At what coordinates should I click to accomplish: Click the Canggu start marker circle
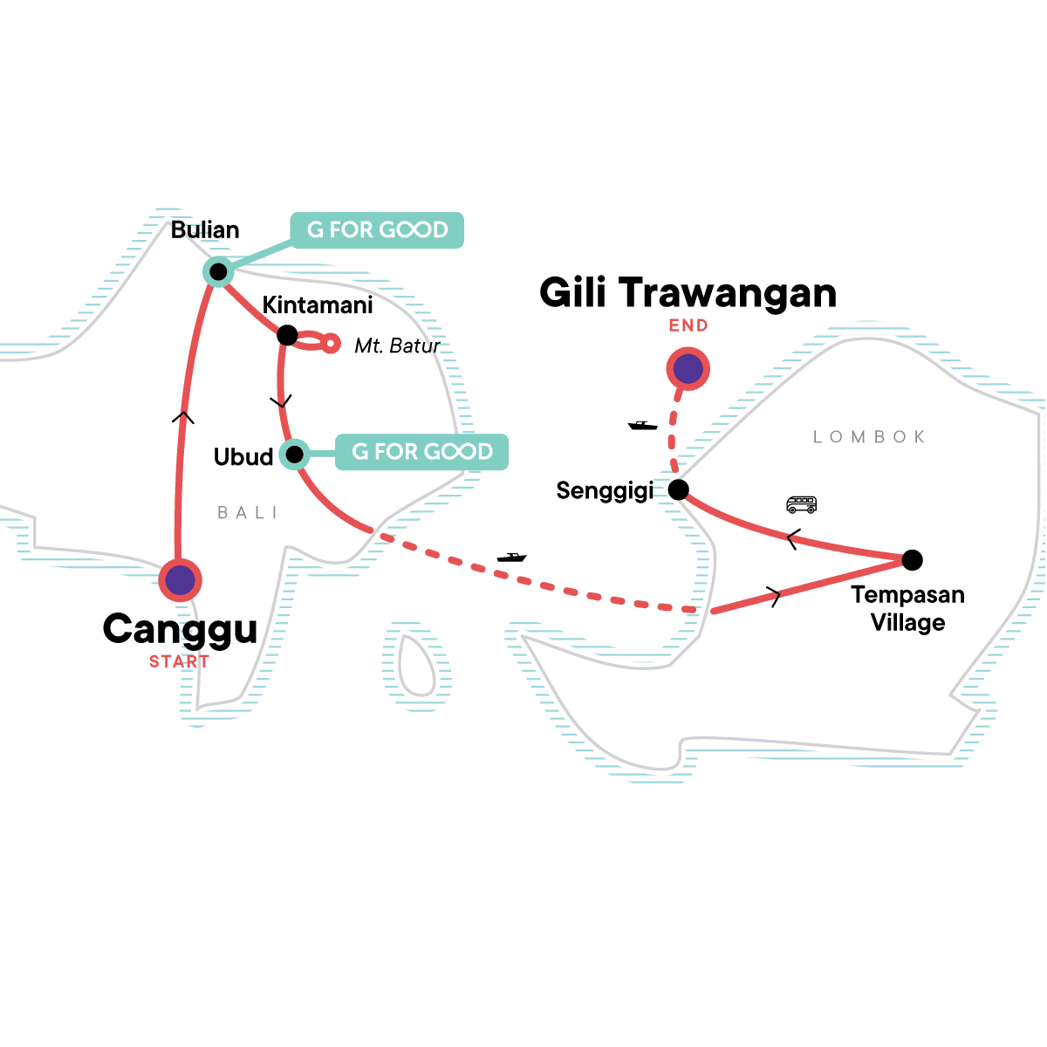(x=180, y=580)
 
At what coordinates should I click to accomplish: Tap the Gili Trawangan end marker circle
(x=688, y=369)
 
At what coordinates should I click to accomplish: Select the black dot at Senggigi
(x=678, y=489)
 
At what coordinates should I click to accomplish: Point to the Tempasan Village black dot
(x=911, y=559)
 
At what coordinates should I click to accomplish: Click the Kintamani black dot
(x=287, y=335)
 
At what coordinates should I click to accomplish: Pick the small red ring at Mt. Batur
(x=330, y=344)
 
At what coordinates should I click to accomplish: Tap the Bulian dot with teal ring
(x=218, y=272)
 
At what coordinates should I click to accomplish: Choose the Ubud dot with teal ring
(x=295, y=454)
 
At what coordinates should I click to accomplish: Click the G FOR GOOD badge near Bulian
(x=377, y=230)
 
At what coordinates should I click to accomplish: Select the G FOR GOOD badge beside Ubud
(x=422, y=452)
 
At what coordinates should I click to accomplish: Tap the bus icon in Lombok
(x=801, y=504)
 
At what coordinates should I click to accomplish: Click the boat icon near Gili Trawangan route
(x=643, y=425)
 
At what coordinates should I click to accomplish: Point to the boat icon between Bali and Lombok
(x=511, y=557)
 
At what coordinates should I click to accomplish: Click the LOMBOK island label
(x=869, y=437)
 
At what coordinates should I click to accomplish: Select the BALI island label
(x=248, y=513)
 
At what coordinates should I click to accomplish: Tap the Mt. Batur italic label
(x=397, y=346)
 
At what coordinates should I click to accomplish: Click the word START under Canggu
(x=179, y=662)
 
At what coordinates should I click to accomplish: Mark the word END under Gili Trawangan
(x=688, y=325)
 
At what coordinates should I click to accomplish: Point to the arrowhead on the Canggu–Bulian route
(x=182, y=417)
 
